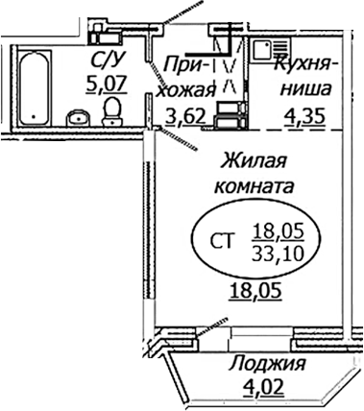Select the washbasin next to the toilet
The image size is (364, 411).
[x=79, y=118]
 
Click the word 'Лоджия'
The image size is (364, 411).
[x=268, y=364]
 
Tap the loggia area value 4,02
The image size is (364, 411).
[x=266, y=388]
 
